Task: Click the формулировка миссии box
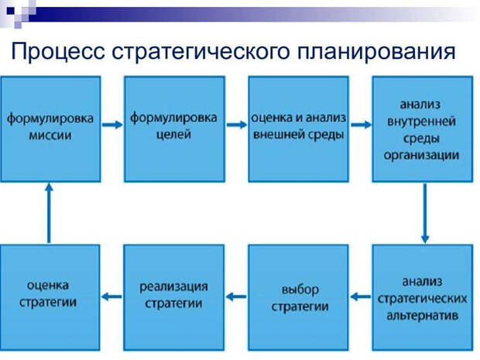50,128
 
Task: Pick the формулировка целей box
174,128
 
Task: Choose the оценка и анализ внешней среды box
298,128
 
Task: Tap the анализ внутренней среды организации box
422,128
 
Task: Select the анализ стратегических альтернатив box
422,297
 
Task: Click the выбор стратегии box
298,297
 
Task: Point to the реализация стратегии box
174,297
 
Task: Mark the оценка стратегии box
50,297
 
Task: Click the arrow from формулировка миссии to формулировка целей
112,125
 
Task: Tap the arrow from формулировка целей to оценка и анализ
236,125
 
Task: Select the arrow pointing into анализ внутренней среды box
360,123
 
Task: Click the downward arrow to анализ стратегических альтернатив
424,213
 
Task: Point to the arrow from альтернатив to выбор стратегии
360,295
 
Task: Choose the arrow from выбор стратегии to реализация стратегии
236,295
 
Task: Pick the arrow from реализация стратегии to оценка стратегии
112,295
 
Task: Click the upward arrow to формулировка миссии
49,213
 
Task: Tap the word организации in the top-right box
422,156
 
